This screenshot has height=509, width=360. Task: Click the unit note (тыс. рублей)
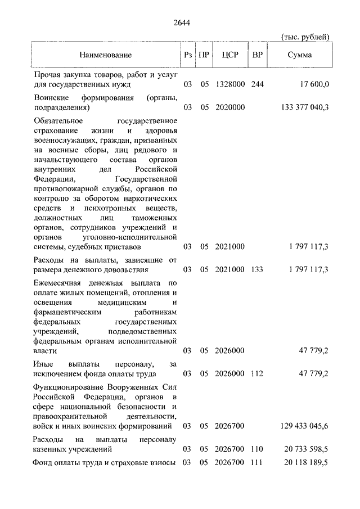305,37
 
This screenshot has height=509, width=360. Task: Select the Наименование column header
105,55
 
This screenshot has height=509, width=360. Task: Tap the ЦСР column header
230,55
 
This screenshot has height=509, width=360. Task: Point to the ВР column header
258,55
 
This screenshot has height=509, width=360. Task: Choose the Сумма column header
299,55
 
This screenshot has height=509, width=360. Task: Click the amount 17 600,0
312,85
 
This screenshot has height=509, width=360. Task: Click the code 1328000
229,85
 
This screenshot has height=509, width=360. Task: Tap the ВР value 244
258,85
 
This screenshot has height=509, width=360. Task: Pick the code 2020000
229,107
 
